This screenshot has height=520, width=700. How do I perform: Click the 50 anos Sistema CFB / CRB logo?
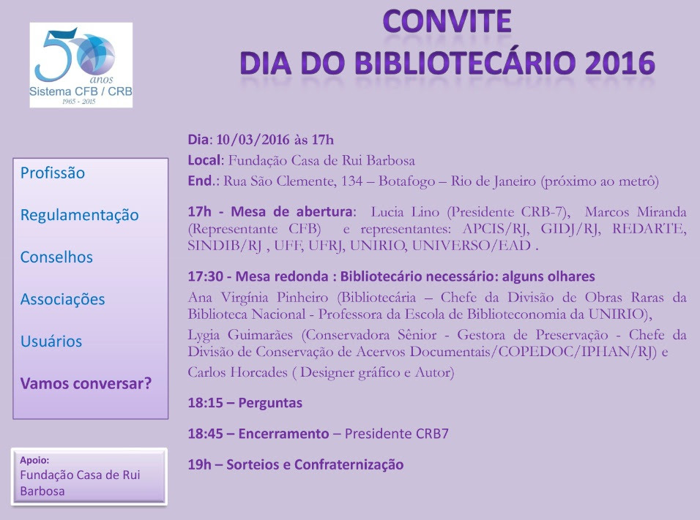pos(81,65)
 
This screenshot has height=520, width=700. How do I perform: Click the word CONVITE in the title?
pos(447,21)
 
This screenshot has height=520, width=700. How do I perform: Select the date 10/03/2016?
pos(253,140)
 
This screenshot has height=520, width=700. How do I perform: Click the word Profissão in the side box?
pos(53,173)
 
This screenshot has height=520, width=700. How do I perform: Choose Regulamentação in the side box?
pos(80,215)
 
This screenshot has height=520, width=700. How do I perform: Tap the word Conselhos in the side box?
pos(56,257)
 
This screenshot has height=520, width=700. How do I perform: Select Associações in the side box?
pos(62,299)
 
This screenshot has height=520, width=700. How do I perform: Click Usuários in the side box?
pos(51,341)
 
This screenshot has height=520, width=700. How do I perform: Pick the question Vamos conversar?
pos(86,383)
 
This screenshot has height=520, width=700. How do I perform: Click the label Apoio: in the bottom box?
pos(34,460)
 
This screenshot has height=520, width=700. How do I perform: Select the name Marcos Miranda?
pos(636,212)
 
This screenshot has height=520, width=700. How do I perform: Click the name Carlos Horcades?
pos(237,372)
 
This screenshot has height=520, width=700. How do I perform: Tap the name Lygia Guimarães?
pos(240,336)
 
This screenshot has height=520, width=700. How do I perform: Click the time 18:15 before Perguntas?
pos(205,403)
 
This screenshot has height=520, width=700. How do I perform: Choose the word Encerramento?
pos(283,434)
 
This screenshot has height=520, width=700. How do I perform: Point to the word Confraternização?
pos(349,464)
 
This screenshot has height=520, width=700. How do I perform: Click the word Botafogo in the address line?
pos(406,181)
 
